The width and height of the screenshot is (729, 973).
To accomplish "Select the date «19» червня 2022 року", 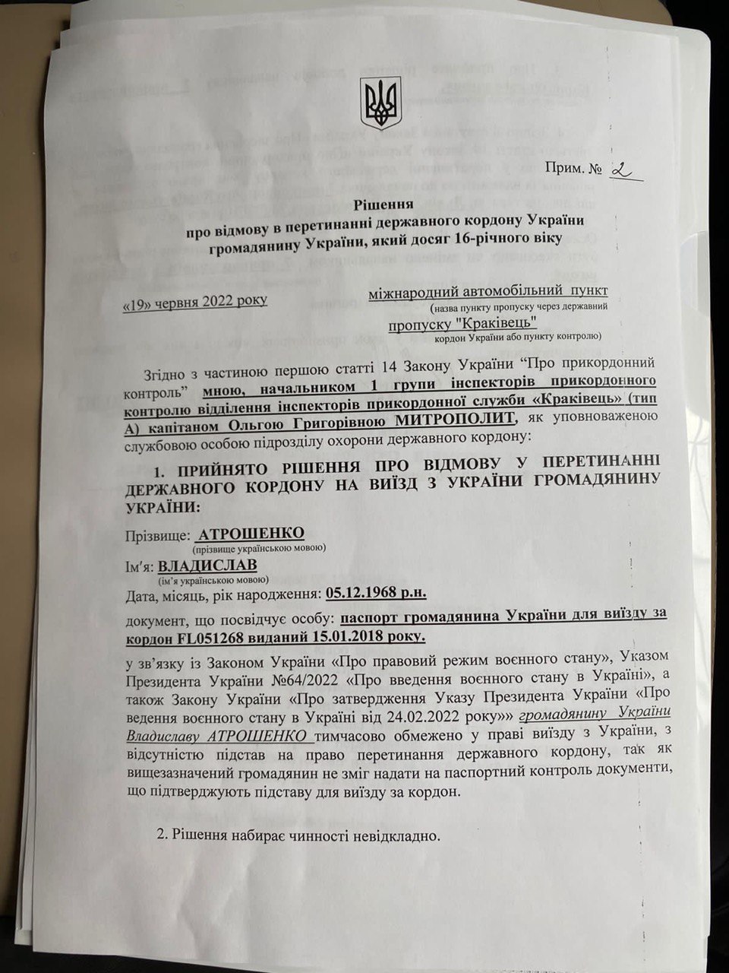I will click(195, 301).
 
